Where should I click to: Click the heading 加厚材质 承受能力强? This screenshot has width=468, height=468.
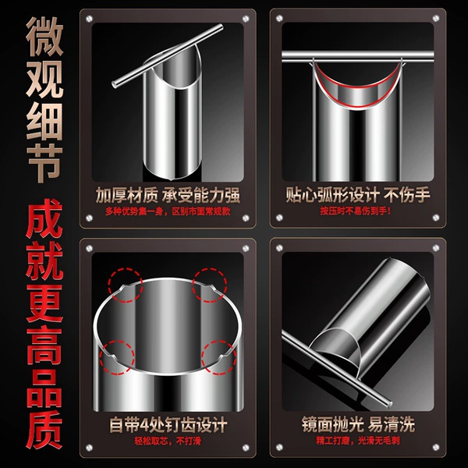click(x=168, y=196)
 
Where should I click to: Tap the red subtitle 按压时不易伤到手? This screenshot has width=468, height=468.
click(x=355, y=211)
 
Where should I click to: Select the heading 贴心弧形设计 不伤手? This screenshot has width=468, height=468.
click(x=358, y=195)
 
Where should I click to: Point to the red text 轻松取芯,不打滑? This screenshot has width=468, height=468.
click(x=168, y=441)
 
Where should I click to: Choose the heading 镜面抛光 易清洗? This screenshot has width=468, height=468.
click(x=358, y=424)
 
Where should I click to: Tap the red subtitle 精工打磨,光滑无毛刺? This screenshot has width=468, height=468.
click(x=358, y=440)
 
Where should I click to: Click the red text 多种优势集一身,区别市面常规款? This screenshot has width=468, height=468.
click(x=168, y=211)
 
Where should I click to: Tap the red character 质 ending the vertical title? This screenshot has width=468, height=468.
click(x=44, y=429)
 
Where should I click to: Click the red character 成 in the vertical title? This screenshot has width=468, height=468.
click(x=44, y=218)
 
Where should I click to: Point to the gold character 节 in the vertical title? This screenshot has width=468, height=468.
click(x=44, y=163)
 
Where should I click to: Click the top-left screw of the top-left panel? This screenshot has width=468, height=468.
click(x=89, y=19)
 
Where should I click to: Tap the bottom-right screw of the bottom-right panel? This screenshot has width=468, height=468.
click(x=436, y=448)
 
